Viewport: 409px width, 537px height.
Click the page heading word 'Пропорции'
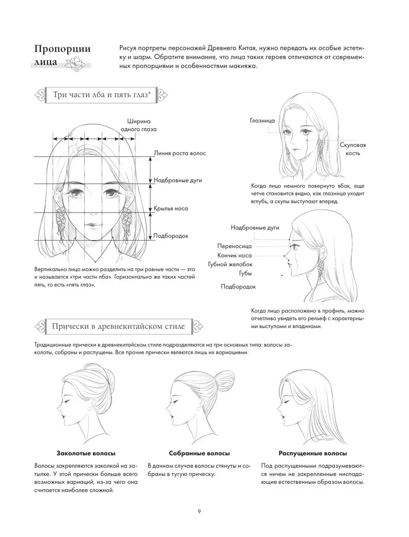point(62,49)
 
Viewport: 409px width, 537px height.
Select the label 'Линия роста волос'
point(179,154)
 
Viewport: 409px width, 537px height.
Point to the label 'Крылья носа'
point(170,208)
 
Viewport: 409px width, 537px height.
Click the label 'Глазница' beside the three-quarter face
point(262,121)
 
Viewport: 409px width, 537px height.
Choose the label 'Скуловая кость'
point(353,149)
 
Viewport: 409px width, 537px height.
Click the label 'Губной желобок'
point(230,264)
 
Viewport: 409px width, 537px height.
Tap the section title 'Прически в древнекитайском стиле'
point(118,326)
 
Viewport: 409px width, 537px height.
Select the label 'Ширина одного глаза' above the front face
point(138,125)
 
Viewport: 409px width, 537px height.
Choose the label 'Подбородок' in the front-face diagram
point(170,236)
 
